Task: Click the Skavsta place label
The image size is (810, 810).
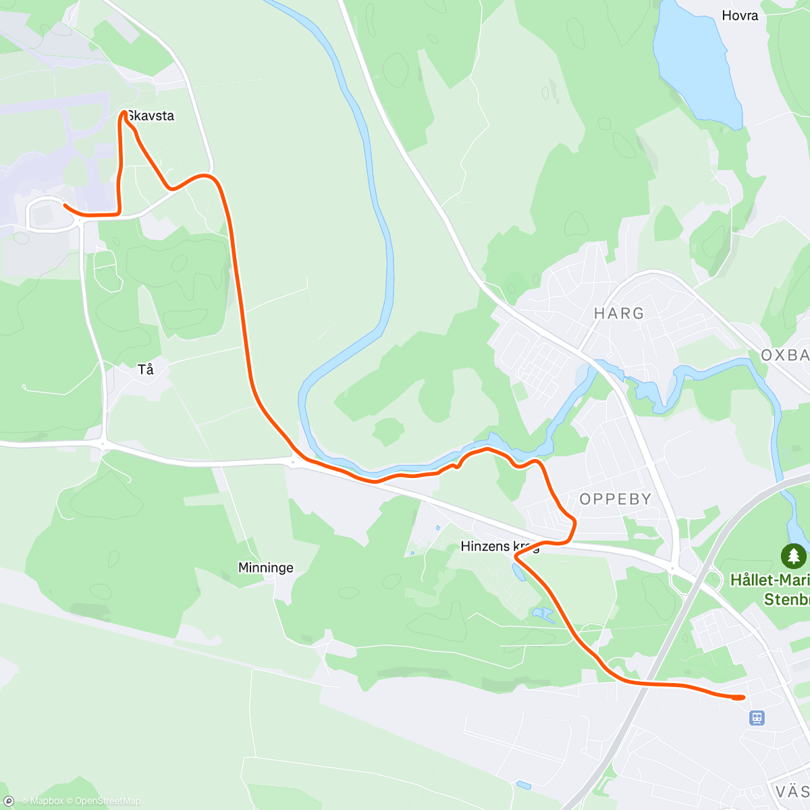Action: (151, 116)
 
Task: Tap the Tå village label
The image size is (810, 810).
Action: (146, 369)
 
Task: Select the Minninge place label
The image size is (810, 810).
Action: (266, 568)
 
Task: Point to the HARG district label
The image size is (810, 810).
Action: (619, 313)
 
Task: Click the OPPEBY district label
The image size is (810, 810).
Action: (616, 499)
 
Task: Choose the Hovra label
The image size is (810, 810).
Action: (740, 16)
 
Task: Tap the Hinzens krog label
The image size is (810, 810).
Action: (500, 546)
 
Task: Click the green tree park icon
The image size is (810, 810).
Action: (794, 557)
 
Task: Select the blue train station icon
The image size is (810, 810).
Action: (757, 718)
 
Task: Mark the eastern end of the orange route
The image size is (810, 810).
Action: (743, 697)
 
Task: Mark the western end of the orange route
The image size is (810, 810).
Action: (65, 205)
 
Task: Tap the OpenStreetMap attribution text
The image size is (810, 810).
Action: (108, 801)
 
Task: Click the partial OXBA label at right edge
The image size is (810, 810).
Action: (785, 355)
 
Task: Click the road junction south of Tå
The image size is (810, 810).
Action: (103, 443)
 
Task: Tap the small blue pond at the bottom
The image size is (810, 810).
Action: (522, 784)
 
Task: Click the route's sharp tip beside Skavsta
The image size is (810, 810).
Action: (124, 113)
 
